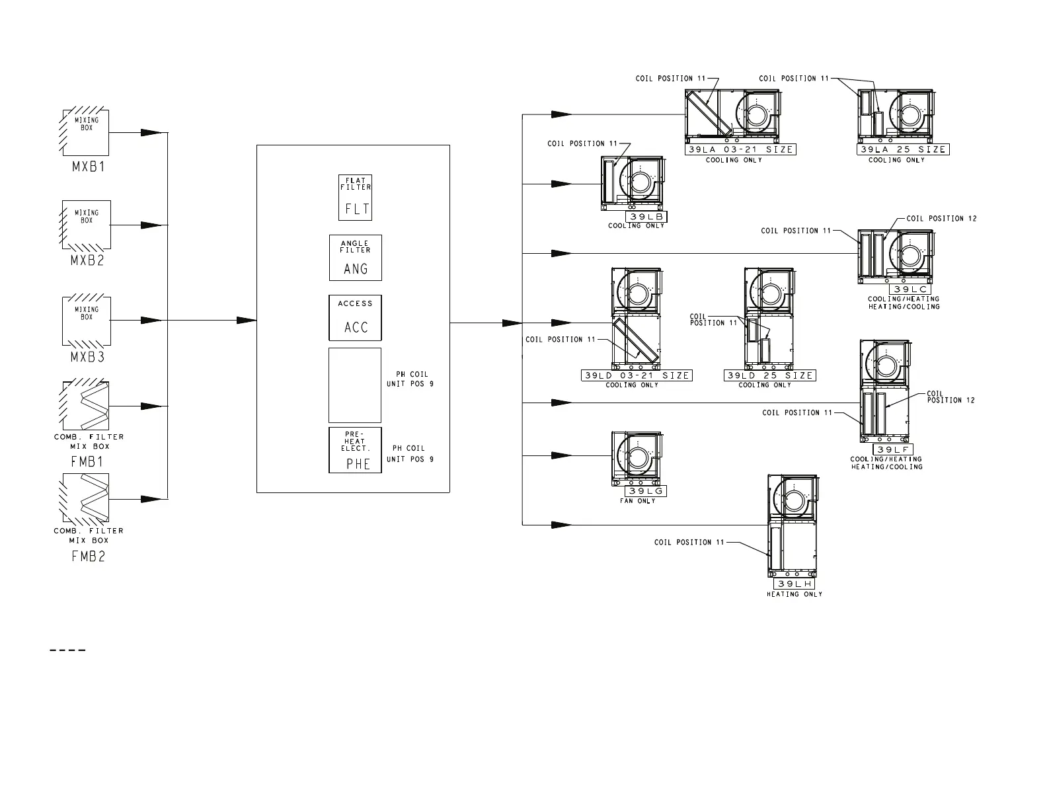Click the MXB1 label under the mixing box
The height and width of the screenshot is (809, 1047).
tap(88, 167)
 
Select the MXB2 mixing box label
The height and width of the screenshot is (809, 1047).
tap(87, 260)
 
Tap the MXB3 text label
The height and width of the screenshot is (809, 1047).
tap(87, 357)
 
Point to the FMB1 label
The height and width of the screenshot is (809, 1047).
tap(87, 461)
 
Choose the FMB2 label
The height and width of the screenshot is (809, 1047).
tap(88, 557)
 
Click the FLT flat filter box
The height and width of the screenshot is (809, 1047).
tap(355, 198)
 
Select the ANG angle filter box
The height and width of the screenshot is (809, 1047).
tap(356, 258)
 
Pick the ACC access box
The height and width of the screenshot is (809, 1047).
tap(355, 318)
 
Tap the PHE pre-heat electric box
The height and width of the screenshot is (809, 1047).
tap(355, 450)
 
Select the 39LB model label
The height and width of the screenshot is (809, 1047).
tap(646, 217)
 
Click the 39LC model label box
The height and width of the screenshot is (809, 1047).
tap(910, 289)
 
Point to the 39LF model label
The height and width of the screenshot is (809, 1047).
tap(893, 449)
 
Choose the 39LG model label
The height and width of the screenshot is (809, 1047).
tap(646, 491)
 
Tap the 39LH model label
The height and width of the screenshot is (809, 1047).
tap(795, 584)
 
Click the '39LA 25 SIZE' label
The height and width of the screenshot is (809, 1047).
tap(903, 149)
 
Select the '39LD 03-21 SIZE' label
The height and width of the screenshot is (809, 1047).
tap(637, 375)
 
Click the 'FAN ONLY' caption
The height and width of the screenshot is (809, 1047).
tap(637, 501)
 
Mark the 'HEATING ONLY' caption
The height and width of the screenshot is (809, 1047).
tap(795, 595)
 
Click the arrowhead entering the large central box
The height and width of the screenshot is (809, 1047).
tap(246, 321)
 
